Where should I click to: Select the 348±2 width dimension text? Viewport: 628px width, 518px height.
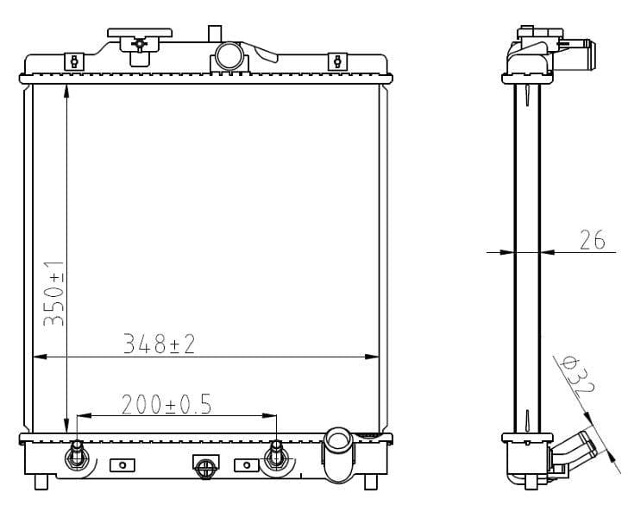tap(159, 344)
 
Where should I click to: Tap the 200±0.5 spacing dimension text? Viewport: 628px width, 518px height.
tap(166, 404)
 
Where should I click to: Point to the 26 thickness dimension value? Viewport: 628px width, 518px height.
tap(592, 240)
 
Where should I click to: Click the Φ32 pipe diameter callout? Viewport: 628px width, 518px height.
tap(577, 376)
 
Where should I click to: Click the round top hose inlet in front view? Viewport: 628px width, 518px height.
tap(229, 56)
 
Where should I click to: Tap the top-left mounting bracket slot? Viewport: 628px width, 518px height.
tap(75, 61)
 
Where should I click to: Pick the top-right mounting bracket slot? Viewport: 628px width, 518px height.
tap(337, 61)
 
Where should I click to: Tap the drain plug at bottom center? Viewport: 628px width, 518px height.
tap(204, 467)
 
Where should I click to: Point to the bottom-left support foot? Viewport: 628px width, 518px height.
tap(41, 481)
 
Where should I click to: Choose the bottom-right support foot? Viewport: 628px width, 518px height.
tap(370, 481)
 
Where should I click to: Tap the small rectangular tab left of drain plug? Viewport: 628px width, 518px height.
tap(122, 465)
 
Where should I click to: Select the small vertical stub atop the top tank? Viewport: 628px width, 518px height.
tap(215, 35)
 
